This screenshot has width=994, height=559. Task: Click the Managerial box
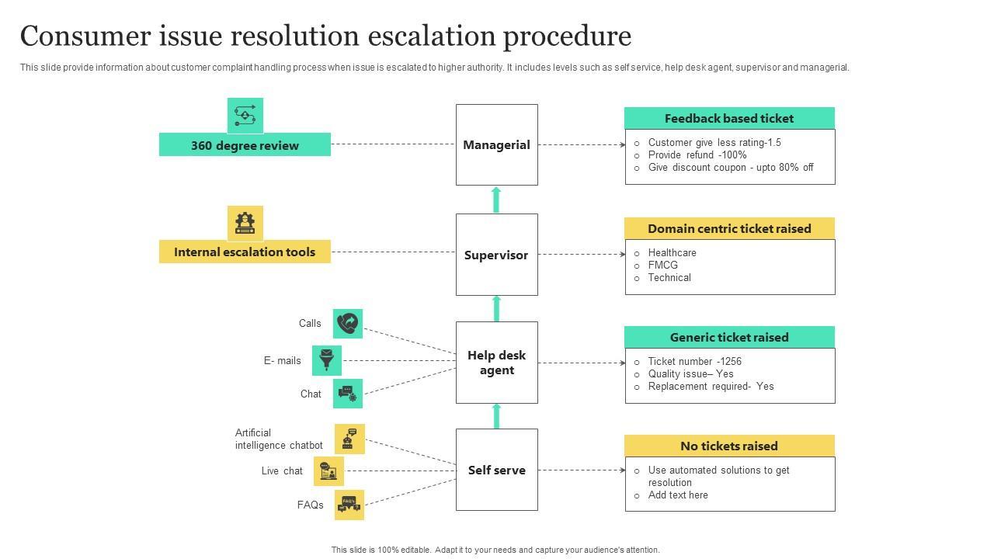[496, 145]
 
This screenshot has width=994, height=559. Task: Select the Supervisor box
[496, 255]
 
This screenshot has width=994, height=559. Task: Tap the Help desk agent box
[496, 363]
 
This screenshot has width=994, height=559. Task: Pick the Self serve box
[496, 470]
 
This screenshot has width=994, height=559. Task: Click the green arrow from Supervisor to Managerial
[496, 200]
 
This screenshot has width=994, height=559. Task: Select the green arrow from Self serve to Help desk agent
[496, 416]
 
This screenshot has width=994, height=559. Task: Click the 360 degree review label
[245, 145]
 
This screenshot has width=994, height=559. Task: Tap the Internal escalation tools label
[245, 252]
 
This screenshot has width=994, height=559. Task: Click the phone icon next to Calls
[348, 324]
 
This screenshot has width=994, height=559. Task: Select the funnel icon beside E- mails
[327, 360]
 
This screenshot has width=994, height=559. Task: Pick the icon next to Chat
[348, 394]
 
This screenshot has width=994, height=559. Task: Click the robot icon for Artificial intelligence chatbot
[349, 439]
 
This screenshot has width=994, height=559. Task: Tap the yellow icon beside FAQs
[349, 505]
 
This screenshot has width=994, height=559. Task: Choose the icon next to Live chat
[328, 471]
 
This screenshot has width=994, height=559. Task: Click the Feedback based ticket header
[729, 118]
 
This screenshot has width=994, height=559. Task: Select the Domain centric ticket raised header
[729, 228]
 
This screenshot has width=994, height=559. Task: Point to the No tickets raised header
[729, 446]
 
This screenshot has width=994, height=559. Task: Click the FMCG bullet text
[663, 265]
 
